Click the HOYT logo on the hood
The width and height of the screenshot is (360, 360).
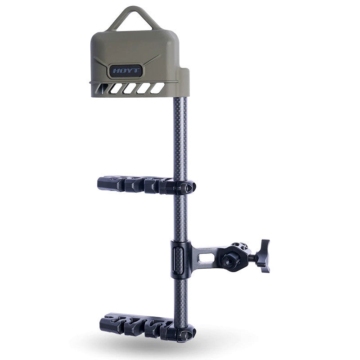click(126, 70)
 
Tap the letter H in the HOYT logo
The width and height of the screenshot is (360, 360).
click(116, 71)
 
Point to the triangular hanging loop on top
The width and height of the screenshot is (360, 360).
click(134, 18)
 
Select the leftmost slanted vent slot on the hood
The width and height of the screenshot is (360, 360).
click(102, 88)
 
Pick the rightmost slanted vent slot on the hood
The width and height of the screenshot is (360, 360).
click(157, 88)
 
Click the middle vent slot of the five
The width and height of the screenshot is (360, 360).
click(130, 88)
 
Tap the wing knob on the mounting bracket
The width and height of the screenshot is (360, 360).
click(265, 256)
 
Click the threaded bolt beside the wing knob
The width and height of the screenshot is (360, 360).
click(253, 259)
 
